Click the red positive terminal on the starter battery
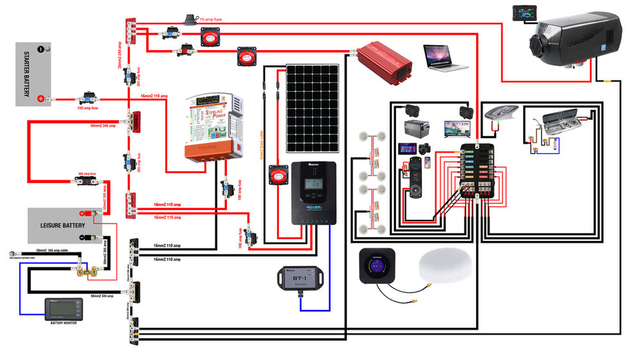click(x=41, y=98)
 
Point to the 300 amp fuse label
click(x=87, y=174)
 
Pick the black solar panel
click(x=312, y=108)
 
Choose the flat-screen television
click(x=459, y=128)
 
